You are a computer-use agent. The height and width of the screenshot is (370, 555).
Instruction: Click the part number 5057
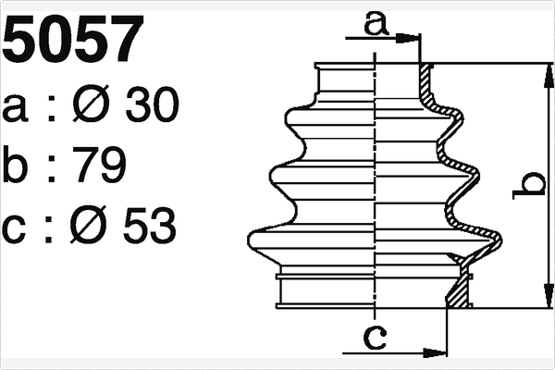(x=74, y=38)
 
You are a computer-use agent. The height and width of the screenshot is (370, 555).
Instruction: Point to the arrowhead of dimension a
(x=412, y=38)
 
